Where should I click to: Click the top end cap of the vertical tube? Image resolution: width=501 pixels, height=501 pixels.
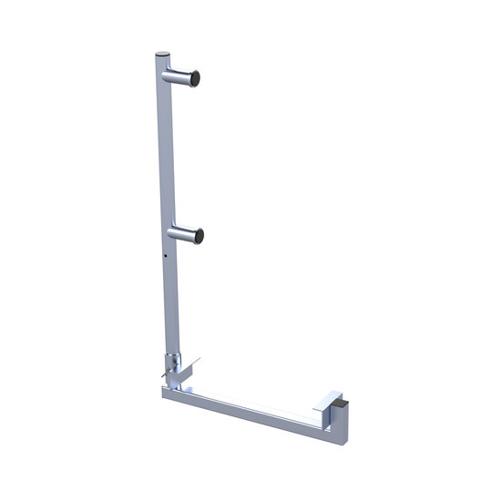161,56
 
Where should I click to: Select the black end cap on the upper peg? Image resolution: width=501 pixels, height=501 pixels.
195,83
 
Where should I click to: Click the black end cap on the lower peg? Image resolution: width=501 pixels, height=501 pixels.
198,237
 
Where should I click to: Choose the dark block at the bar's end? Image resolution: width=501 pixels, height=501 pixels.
338,402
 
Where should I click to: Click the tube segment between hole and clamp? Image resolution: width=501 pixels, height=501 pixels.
169,301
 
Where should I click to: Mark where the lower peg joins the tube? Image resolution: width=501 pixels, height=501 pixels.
172,231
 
